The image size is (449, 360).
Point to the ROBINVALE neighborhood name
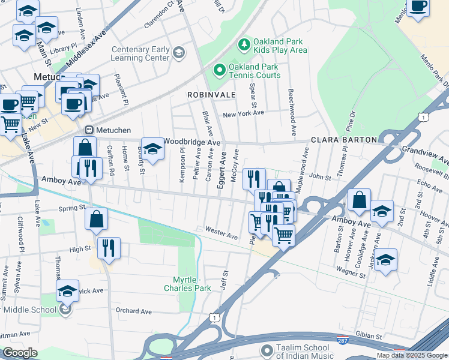click(209, 95)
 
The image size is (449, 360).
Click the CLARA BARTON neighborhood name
click(344, 140)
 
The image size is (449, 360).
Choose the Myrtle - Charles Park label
click(187, 284)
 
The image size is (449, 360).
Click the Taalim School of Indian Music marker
click(267, 350)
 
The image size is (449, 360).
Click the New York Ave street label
click(243, 113)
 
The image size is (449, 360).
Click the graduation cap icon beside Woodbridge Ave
click(152, 150)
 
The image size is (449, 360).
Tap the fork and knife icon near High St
click(109, 248)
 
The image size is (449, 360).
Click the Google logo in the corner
click(20, 353)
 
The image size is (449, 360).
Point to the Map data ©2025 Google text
click(411, 355)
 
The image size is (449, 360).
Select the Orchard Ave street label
click(134, 311)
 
